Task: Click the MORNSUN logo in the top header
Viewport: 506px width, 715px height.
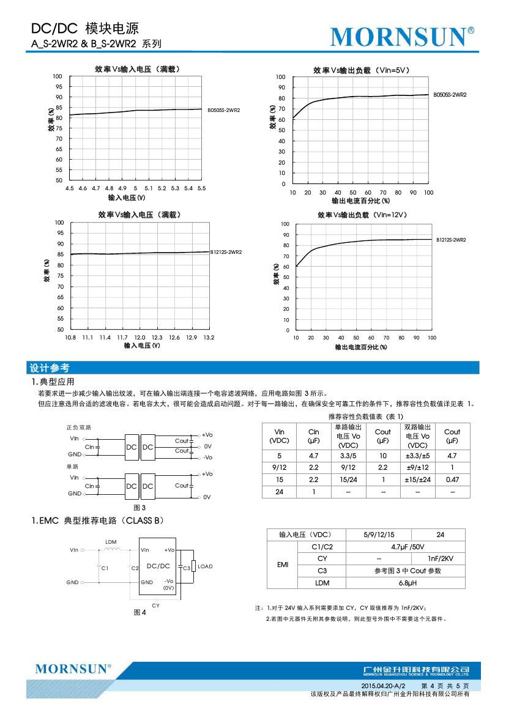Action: tap(401, 37)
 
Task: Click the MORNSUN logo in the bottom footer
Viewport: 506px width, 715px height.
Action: tap(73, 669)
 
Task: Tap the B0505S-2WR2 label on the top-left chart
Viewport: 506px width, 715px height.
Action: tap(223, 110)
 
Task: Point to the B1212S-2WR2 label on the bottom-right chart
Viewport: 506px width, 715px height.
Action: tap(451, 240)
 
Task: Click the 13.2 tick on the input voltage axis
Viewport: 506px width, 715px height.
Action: tap(209, 337)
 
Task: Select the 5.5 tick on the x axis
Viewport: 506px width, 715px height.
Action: tap(201, 188)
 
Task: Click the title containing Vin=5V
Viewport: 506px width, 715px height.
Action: tap(361, 70)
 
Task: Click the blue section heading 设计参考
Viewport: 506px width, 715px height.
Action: tap(50, 368)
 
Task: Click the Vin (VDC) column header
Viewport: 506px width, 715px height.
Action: tap(280, 436)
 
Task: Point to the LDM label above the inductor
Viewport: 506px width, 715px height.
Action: tap(111, 542)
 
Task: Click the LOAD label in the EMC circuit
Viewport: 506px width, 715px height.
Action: tap(205, 566)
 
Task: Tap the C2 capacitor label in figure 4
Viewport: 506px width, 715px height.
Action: tap(135, 568)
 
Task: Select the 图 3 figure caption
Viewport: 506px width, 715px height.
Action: tap(140, 507)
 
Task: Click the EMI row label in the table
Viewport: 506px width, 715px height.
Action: tap(283, 565)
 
